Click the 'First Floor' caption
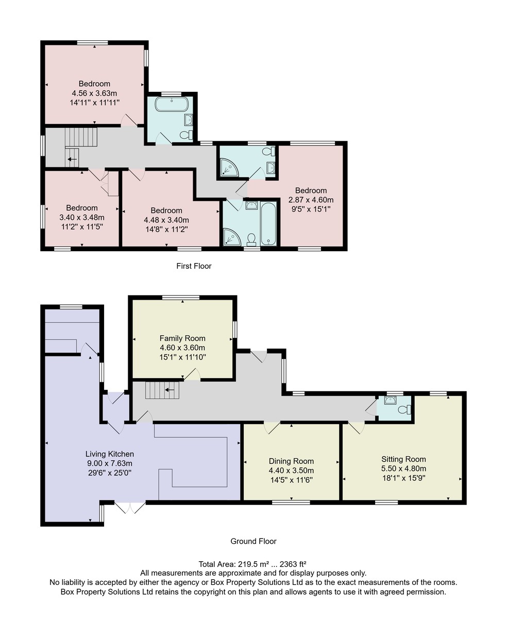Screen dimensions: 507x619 pos(194,266)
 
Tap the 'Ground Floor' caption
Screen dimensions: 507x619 pos(253,541)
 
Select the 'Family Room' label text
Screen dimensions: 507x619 pos(182,338)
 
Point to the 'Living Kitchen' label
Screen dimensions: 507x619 pos(110,454)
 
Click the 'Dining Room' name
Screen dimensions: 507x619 pos(291,461)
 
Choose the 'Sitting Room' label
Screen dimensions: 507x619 pos(403,459)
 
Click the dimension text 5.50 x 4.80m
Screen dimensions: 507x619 pos(404,468)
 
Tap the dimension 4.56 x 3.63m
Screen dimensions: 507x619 pos(94,93)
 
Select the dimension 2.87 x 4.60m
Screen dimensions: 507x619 pos(311,200)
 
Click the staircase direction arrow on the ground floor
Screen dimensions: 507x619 pos(170,390)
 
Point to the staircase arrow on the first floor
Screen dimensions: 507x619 pos(72,159)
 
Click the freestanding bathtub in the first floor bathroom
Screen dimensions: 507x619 pos(172,104)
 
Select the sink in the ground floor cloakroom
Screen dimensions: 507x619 pos(390,400)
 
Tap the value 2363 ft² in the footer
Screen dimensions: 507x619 pos(293,564)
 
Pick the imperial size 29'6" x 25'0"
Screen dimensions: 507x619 pos(110,473)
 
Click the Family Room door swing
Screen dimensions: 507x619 pos(192,374)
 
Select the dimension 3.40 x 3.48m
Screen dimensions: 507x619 pos(82,218)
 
